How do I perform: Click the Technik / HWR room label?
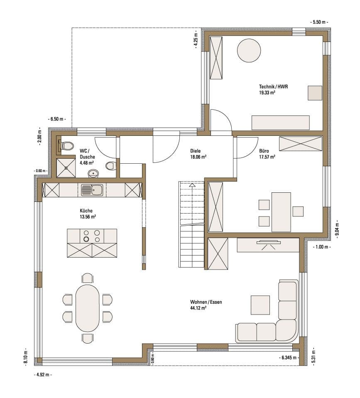pyautogui.click(x=273, y=86)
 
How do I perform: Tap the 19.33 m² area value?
pyautogui.click(x=267, y=93)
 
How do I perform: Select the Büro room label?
pyautogui.click(x=264, y=151)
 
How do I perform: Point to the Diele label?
pyautogui.click(x=195, y=151)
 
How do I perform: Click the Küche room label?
pyautogui.click(x=86, y=211)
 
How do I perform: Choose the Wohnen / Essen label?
pyautogui.click(x=206, y=302)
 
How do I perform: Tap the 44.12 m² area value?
pyautogui.click(x=198, y=308)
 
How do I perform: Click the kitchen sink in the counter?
pyautogui.click(x=92, y=190)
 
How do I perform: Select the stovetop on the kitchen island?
pyautogui.click(x=92, y=236)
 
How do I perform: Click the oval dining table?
pyautogui.click(x=87, y=308)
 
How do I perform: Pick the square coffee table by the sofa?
pyautogui.click(x=260, y=305)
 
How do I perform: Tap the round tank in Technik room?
pyautogui.click(x=249, y=50)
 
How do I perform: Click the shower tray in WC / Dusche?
pyautogui.click(x=66, y=168)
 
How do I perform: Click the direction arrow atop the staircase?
pyautogui.click(x=192, y=185)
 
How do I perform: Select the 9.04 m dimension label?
pyautogui.click(x=337, y=229)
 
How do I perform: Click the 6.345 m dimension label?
pyautogui.click(x=289, y=358)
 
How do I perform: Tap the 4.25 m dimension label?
pyautogui.click(x=196, y=39)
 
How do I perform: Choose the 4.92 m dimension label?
pyautogui.click(x=43, y=375)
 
